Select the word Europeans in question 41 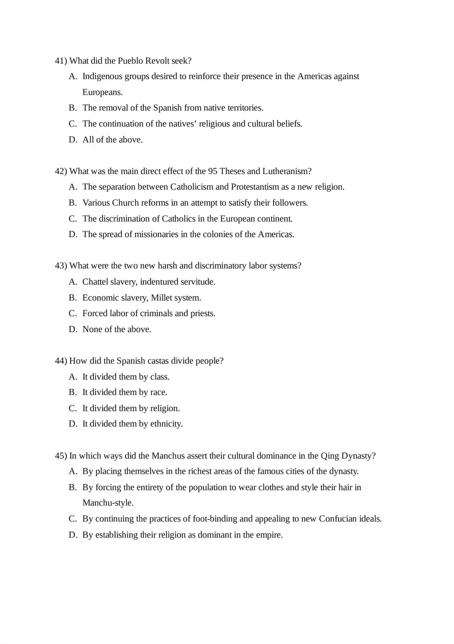[103, 92]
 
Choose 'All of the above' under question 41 [112, 139]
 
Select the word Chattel [95, 282]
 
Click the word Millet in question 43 [163, 298]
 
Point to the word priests [203, 313]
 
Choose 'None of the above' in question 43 [117, 329]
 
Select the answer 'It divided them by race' [125, 392]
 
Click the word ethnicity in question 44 [167, 424]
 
